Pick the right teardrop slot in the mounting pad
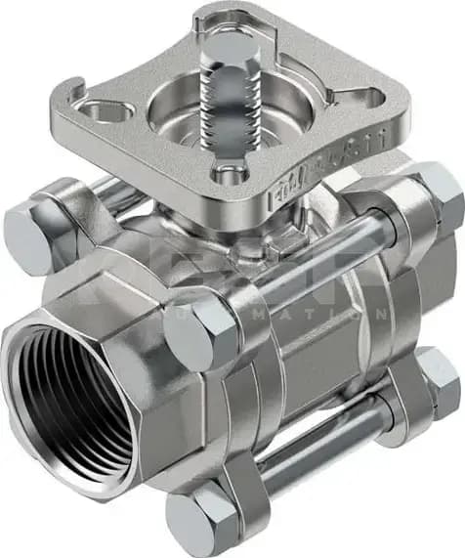367,92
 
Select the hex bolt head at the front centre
200,333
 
